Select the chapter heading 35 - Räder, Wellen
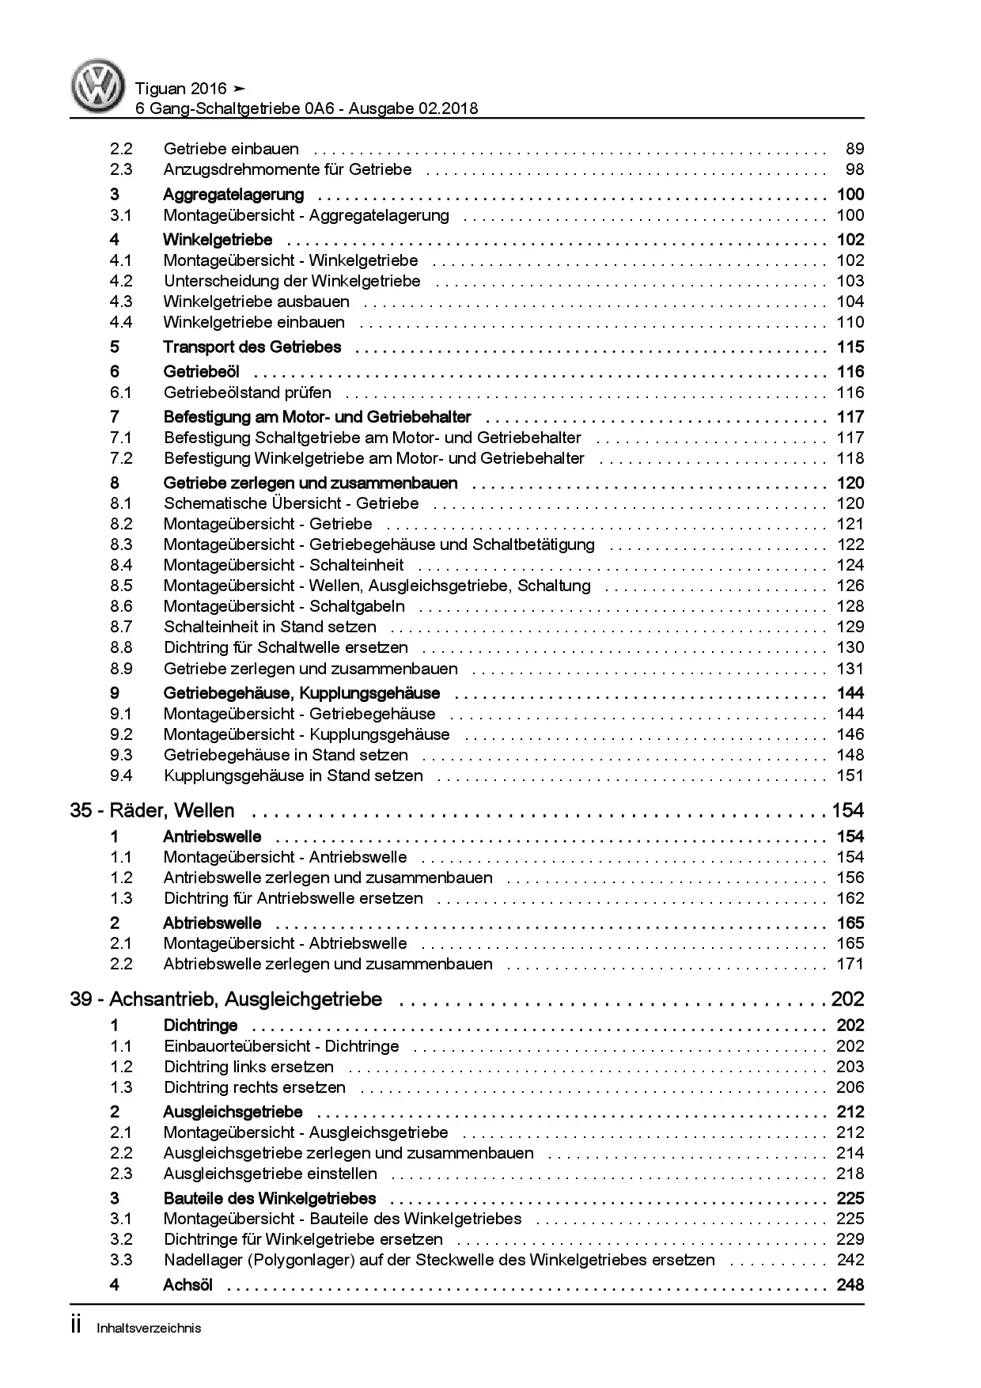(x=153, y=810)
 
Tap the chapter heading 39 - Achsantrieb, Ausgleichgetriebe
(x=226, y=999)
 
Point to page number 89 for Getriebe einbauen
(x=854, y=149)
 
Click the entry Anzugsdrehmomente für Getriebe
(x=287, y=169)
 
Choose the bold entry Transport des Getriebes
(x=252, y=347)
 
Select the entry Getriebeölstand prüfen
(x=247, y=393)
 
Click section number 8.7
(x=121, y=627)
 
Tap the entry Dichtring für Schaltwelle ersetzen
(x=286, y=647)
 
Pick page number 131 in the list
(x=850, y=669)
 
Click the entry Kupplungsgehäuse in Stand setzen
(x=293, y=776)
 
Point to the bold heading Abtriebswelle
(x=212, y=923)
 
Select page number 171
(x=850, y=964)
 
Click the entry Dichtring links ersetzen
(x=248, y=1067)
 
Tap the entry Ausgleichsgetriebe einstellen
(x=270, y=1174)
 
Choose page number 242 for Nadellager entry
(x=850, y=1260)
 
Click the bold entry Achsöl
(x=187, y=1285)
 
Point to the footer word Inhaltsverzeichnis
(x=149, y=1328)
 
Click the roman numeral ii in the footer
(x=77, y=1326)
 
